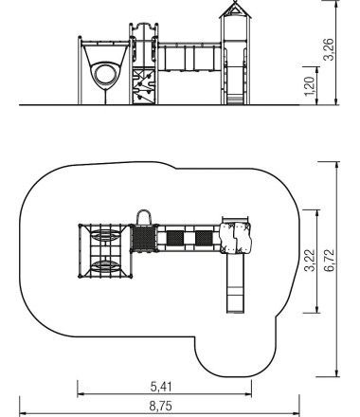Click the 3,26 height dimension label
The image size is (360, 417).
(329, 49)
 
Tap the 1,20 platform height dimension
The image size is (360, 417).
(310, 86)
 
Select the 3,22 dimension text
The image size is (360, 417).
(310, 261)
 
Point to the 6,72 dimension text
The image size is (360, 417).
(330, 261)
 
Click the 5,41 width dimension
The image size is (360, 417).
(161, 387)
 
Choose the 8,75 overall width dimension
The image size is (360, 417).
(161, 406)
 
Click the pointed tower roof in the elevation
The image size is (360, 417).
(235, 10)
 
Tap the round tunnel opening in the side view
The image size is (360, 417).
(104, 76)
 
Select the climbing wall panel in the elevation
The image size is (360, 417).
(144, 86)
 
